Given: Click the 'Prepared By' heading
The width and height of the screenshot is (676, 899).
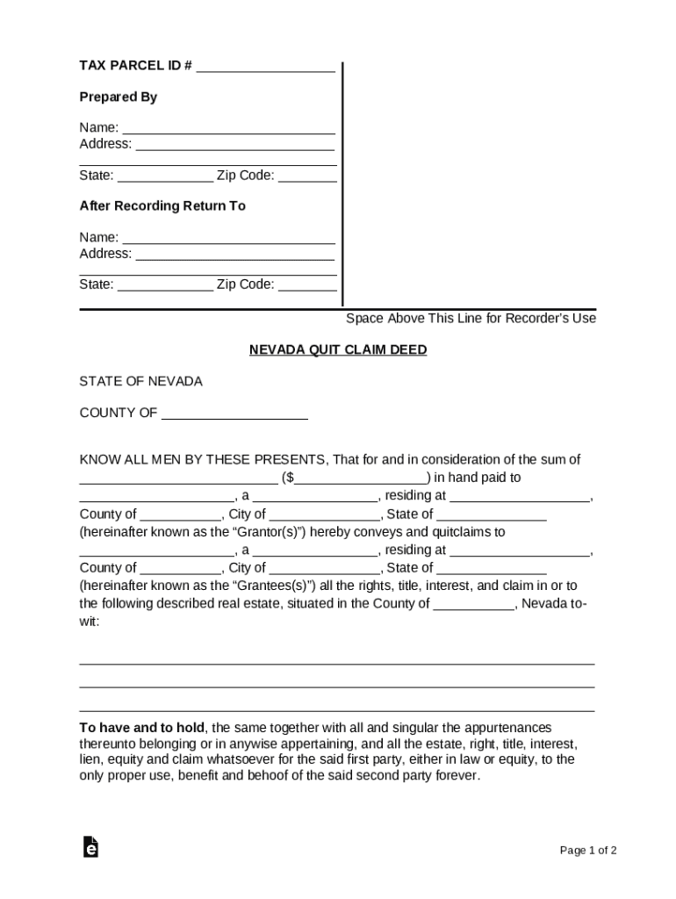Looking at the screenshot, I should tap(119, 97).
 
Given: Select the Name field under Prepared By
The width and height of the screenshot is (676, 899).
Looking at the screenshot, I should tap(228, 128).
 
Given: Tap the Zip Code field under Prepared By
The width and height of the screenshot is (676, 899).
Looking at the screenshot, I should tap(307, 176).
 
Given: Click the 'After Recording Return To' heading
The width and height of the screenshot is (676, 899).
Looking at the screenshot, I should tap(162, 206).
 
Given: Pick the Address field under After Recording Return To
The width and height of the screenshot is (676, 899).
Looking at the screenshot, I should tap(234, 255).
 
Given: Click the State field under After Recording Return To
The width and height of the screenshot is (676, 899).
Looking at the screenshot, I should tap(165, 284).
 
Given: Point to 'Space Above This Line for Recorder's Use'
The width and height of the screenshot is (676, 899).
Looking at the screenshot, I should tap(471, 319).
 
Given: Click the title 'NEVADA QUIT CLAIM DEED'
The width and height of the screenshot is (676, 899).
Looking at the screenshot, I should tap(338, 350).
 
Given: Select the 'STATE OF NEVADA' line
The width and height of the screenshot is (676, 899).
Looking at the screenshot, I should tap(140, 382).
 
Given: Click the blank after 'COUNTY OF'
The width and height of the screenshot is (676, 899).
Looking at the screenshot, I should tap(234, 414).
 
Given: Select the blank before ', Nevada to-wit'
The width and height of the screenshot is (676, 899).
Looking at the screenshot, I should tap(474, 604).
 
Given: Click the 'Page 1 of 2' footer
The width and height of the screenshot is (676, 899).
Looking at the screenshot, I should tap(588, 851).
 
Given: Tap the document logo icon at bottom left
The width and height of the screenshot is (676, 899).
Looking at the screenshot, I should tap(90, 847).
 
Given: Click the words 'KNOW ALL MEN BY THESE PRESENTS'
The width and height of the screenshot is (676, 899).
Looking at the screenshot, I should tap(203, 460).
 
